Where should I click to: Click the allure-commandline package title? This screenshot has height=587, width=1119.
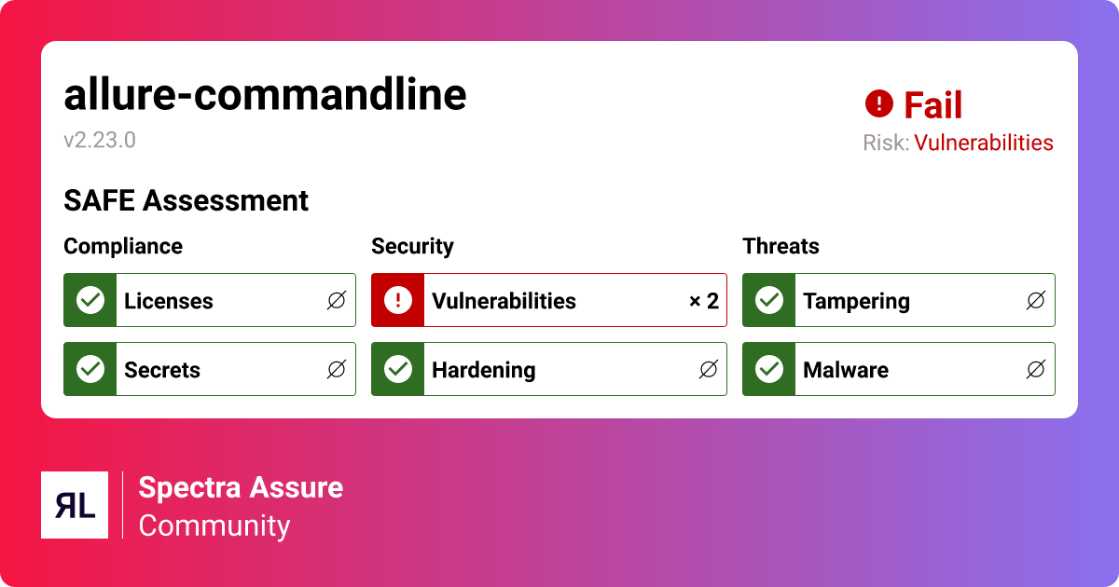265,94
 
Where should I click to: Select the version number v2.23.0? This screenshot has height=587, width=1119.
100,141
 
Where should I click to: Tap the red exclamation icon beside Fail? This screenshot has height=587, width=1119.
878,103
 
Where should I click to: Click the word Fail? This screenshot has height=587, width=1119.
932,104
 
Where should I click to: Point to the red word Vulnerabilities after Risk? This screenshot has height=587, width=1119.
984,143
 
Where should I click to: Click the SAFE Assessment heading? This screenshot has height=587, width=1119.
186,200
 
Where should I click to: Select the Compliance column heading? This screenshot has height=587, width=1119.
123,246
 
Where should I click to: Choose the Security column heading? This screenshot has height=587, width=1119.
412,247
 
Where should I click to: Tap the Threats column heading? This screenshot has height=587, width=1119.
781,246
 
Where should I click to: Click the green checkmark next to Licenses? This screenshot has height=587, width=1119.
90,300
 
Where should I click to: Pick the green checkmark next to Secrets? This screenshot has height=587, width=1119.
90,369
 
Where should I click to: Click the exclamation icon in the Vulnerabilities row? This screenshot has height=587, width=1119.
398,300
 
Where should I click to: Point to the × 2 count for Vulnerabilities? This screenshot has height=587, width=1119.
704,301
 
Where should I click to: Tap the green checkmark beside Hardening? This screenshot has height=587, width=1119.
398,369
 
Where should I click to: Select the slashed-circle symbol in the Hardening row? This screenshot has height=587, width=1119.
709,369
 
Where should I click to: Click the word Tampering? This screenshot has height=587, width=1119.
856,302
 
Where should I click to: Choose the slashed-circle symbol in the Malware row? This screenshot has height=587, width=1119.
1036,369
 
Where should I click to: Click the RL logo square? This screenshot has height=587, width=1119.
75,505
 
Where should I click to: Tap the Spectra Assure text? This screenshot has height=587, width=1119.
241,487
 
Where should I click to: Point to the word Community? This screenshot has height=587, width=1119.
214,526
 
